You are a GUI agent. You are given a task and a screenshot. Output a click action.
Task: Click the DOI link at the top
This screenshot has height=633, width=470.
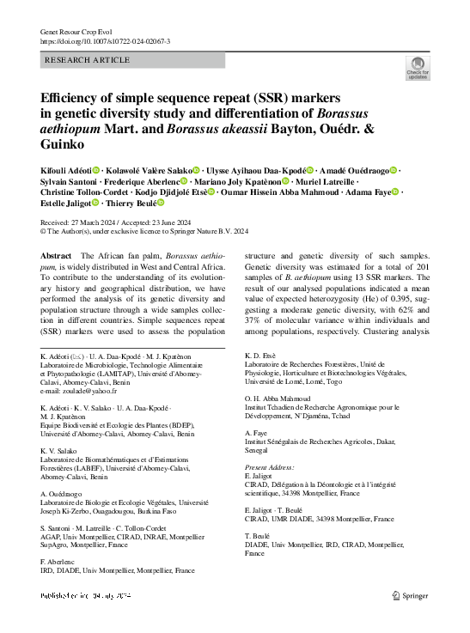(106, 41)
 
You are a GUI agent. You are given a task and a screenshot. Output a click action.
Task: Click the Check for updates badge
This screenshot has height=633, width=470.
(418, 70)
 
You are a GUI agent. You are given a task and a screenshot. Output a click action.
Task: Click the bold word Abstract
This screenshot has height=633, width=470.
(57, 257)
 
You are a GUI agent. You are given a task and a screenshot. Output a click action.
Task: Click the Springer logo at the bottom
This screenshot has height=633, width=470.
(410, 594)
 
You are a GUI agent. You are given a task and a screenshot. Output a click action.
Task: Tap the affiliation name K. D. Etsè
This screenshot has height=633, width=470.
(261, 354)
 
